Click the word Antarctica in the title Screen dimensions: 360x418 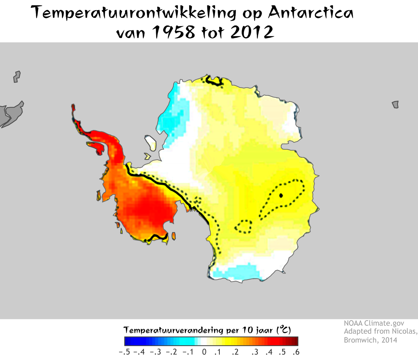click(x=310, y=13)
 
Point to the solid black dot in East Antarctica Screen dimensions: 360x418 click(x=281, y=195)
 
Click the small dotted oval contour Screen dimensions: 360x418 click(x=243, y=227)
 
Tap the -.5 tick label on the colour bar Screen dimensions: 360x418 click(x=124, y=352)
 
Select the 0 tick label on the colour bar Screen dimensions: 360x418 click(x=204, y=352)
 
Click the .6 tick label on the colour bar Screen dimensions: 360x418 click(x=296, y=352)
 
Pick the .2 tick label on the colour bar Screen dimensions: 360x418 click(x=235, y=352)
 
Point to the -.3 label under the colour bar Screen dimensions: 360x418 click(x=156, y=352)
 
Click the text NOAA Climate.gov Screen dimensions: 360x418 click(x=374, y=323)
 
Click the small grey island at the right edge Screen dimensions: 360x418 click(x=396, y=104)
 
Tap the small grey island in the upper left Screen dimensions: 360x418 click(x=17, y=76)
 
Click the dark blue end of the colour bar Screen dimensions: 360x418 click(x=128, y=341)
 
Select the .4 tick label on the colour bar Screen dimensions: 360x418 click(x=269, y=352)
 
